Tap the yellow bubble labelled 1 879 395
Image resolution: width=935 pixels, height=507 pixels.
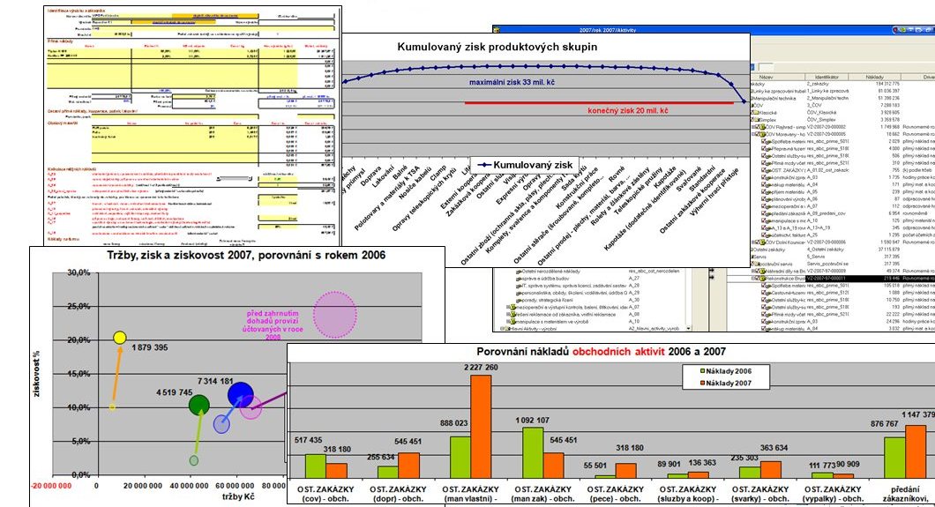click(120, 338)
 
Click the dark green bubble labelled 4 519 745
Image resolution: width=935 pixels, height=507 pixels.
click(199, 405)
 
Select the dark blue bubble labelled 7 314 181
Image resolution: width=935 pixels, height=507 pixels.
click(240, 395)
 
